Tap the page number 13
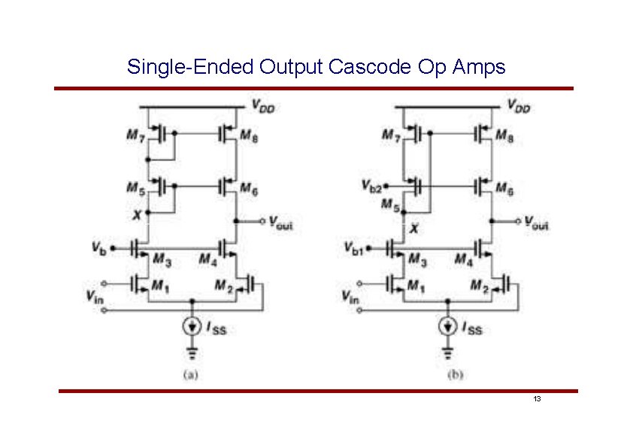click(x=537, y=398)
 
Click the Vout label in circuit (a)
click(x=281, y=223)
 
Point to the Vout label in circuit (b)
click(x=537, y=223)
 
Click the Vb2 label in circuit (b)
click(x=373, y=185)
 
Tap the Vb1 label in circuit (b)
click(x=353, y=247)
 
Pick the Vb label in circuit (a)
click(x=99, y=247)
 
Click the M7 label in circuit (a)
click(x=136, y=136)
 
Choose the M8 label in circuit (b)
click(x=504, y=136)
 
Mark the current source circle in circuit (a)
click(x=192, y=326)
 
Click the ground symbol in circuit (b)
click(x=448, y=352)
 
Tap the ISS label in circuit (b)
click(x=471, y=328)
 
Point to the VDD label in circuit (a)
click(x=263, y=107)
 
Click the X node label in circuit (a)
click(x=136, y=215)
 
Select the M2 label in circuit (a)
click(x=223, y=285)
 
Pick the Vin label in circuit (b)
click(x=350, y=297)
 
